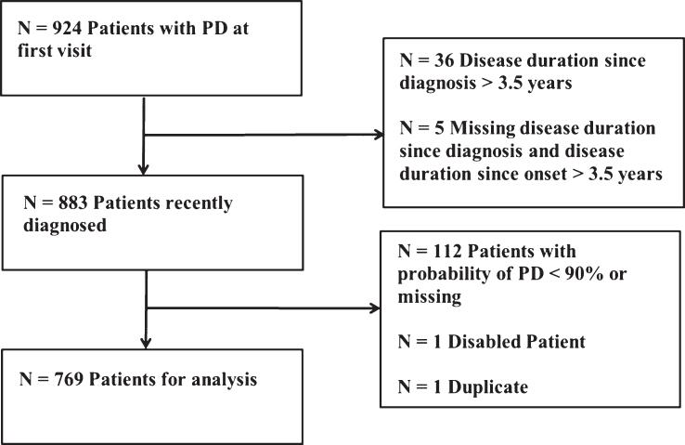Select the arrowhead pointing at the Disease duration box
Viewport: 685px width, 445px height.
click(x=378, y=135)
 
